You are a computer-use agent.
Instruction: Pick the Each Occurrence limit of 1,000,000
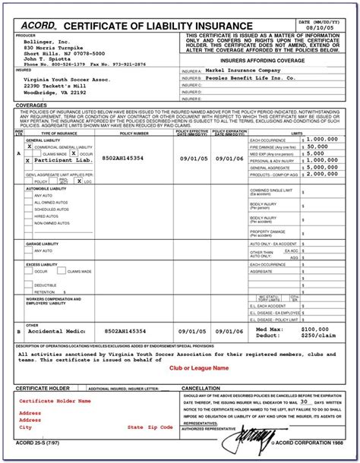coord(322,140)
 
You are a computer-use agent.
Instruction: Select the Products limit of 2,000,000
coord(322,173)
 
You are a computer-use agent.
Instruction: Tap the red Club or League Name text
coord(199,367)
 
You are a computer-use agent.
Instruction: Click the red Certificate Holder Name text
coord(55,401)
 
